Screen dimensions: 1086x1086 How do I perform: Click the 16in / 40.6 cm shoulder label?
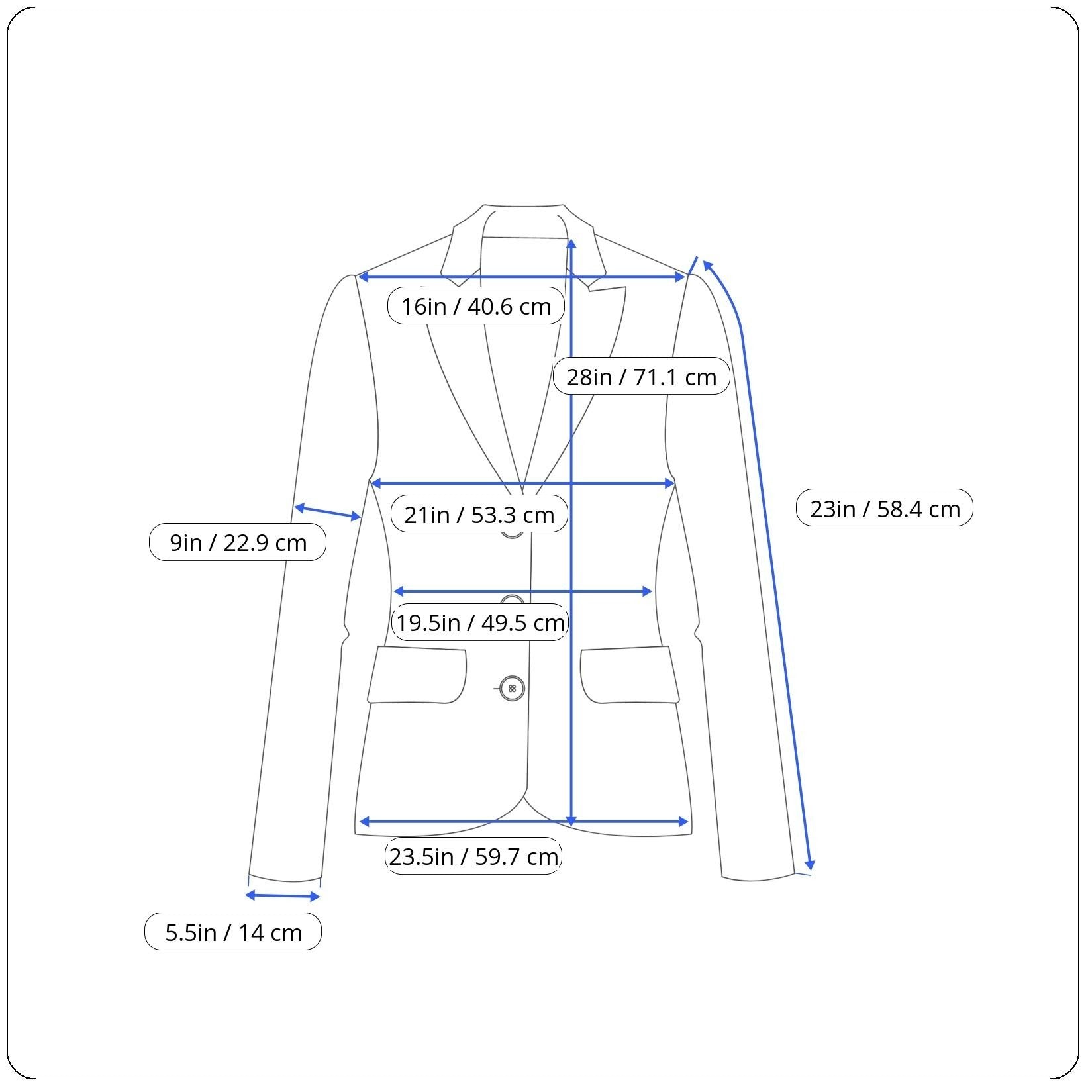(x=475, y=306)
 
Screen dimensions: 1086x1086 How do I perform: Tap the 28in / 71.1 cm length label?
(x=641, y=376)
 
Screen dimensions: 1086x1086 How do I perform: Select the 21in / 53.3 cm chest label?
(x=479, y=514)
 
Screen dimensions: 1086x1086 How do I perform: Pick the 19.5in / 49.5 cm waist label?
(x=479, y=622)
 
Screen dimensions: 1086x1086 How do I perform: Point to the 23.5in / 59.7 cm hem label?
(x=473, y=856)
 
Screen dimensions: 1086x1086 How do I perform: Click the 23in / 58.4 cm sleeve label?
(x=884, y=508)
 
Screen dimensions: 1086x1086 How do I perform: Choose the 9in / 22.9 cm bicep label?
(x=237, y=542)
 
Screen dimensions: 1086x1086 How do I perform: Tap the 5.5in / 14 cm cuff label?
(x=232, y=932)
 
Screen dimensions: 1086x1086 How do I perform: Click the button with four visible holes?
(x=512, y=689)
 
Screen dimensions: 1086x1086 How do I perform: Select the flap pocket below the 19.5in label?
(x=417, y=674)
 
